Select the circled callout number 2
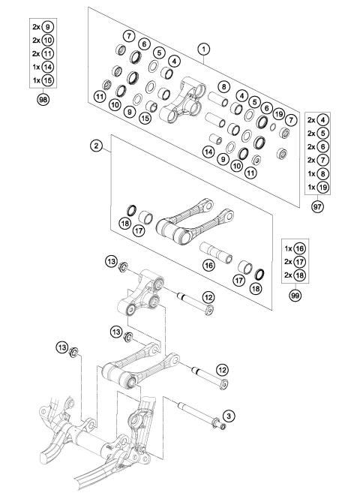tap(96, 146)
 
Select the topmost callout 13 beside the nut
tap(111, 261)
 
